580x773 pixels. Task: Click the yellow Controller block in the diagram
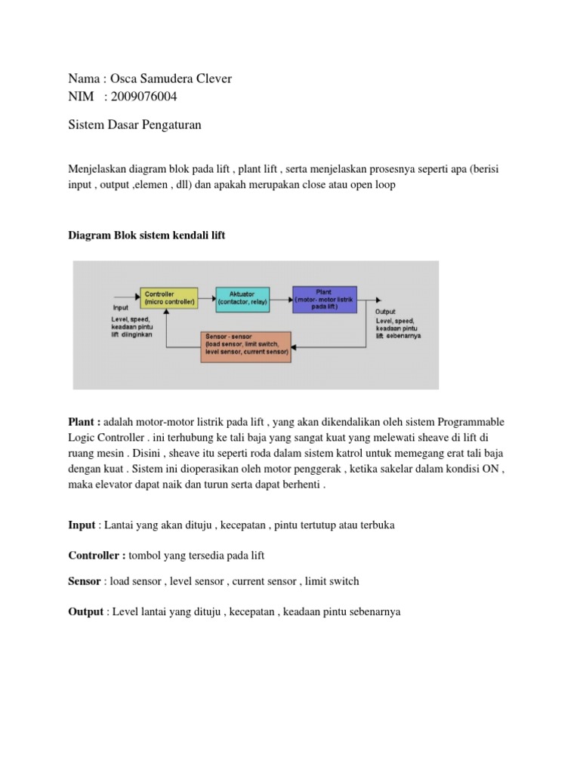(x=169, y=297)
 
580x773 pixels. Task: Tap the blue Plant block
(x=324, y=297)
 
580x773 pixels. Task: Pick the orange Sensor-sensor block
(x=245, y=346)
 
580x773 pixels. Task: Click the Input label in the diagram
(x=119, y=308)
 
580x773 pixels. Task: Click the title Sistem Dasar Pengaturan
(x=134, y=125)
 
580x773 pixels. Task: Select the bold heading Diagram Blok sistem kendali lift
(x=147, y=236)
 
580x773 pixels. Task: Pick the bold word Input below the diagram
(x=82, y=525)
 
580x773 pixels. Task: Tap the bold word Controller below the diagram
(x=96, y=555)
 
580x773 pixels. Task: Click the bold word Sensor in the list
(x=85, y=581)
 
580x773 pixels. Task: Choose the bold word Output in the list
(x=85, y=611)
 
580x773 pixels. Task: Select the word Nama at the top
(x=83, y=79)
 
